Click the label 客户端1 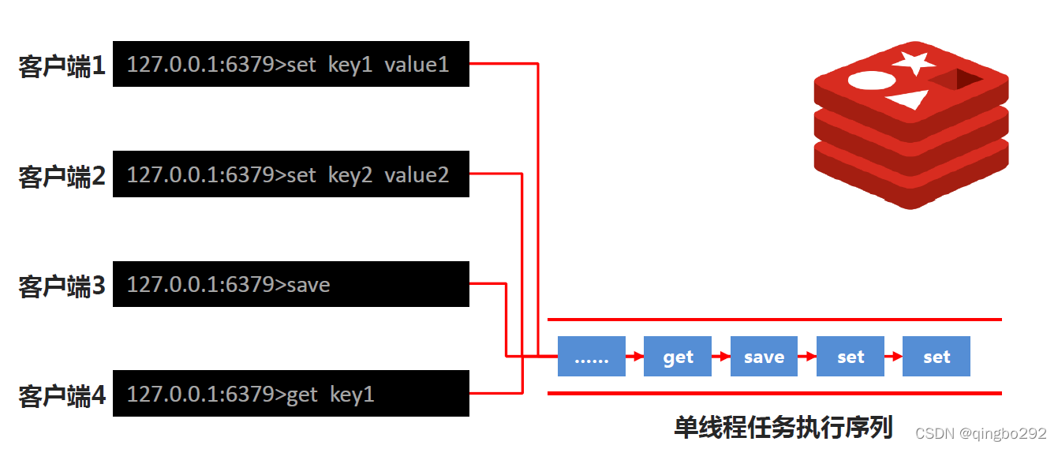[62, 66]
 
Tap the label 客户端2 [62, 176]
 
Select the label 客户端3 [62, 286]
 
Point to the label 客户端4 [62, 395]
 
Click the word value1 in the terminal [417, 65]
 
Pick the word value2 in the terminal [417, 174]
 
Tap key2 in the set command [350, 174]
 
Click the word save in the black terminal [308, 284]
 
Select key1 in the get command [352, 394]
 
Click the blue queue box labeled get [678, 357]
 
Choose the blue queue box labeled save [764, 357]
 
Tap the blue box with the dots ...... [592, 357]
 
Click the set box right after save [851, 357]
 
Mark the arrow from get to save [721, 357]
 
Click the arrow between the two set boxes [893, 357]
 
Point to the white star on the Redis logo [914, 62]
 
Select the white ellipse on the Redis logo [871, 80]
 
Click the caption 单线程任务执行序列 [783, 427]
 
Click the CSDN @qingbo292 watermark [981, 433]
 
